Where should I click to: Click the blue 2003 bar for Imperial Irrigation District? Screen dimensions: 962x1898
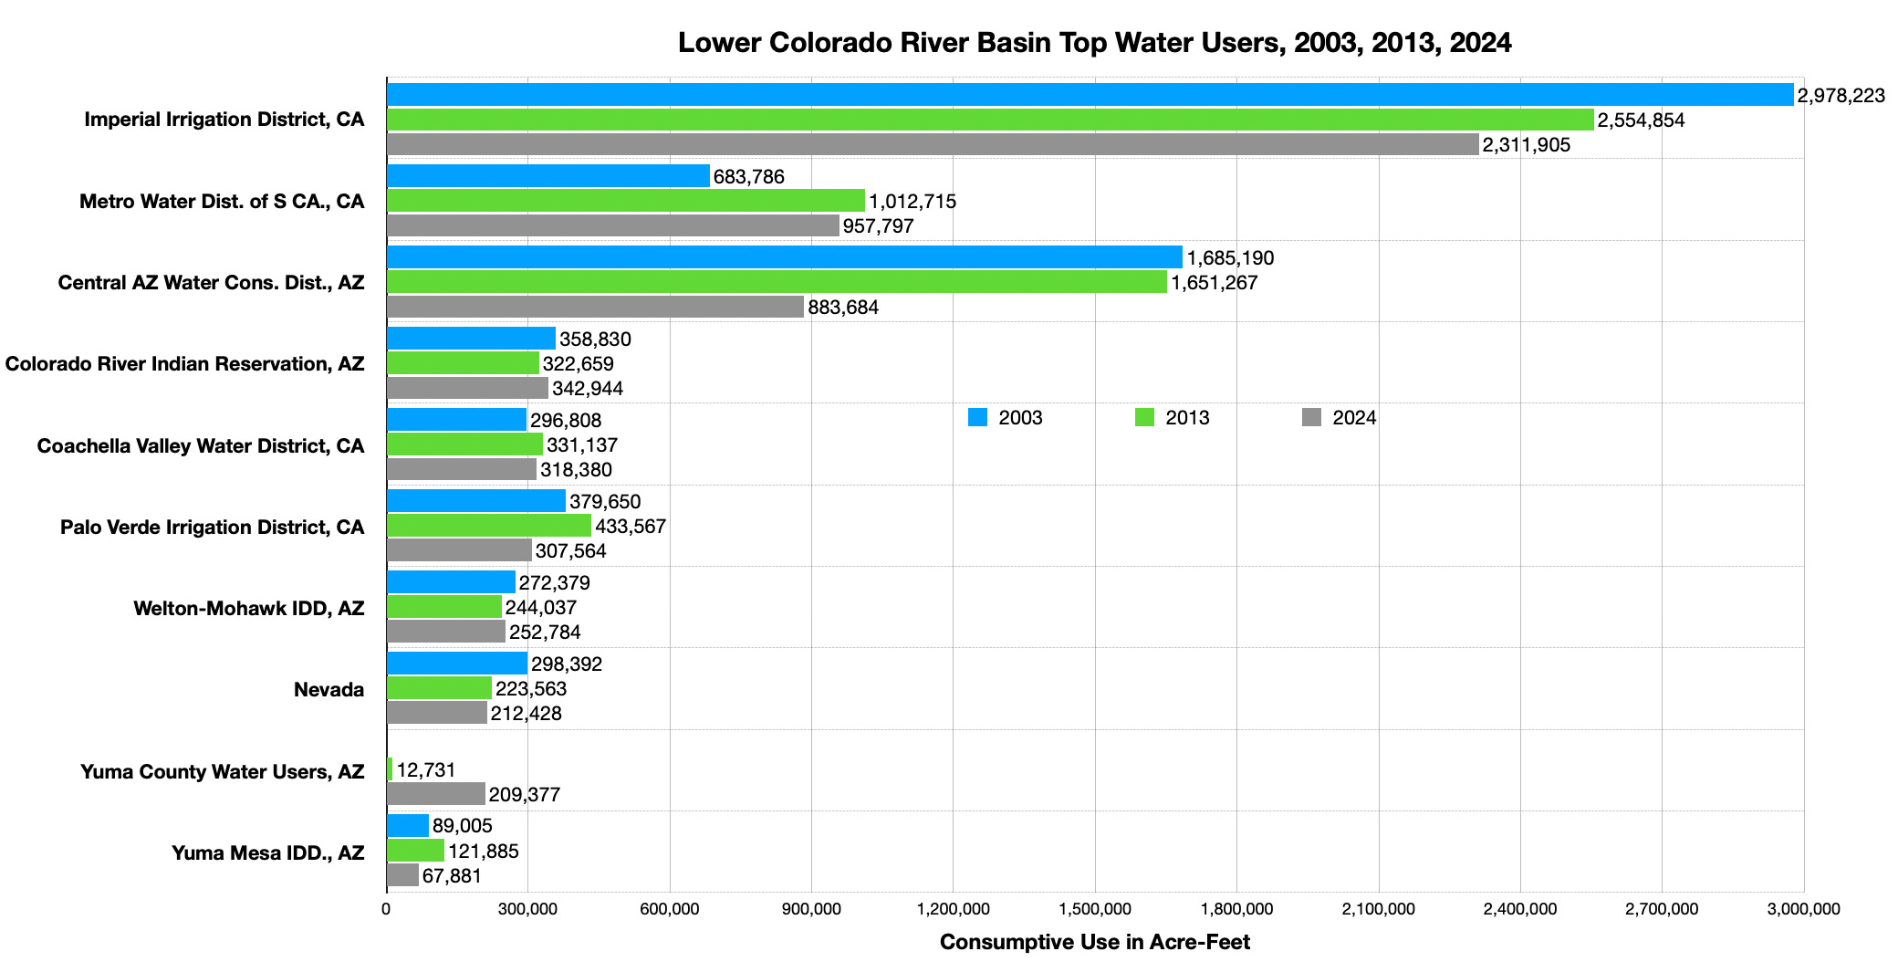[x=1090, y=95]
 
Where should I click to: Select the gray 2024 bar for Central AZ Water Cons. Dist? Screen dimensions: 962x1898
[x=595, y=307]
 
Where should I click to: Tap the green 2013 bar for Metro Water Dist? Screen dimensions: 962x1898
[x=625, y=201]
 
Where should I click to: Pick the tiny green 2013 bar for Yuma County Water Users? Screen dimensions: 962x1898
[x=390, y=769]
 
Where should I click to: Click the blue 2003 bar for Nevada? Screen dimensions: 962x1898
[x=456, y=664]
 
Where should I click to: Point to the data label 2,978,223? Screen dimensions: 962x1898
[x=1841, y=96]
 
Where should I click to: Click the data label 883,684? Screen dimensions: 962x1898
[x=843, y=308]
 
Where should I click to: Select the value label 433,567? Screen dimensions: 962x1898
[x=631, y=527]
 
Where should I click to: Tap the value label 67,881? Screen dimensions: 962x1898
[x=452, y=876]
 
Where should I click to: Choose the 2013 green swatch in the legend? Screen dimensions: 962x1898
[x=1144, y=418]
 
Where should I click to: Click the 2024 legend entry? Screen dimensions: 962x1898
[x=1353, y=418]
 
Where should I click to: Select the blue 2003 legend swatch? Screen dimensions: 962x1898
[x=977, y=418]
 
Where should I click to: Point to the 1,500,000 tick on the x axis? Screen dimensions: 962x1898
[x=1095, y=909]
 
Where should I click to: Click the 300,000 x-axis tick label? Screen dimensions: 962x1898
[x=528, y=909]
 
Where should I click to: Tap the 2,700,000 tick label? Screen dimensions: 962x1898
[x=1662, y=909]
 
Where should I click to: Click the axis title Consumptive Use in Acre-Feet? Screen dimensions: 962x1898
[x=1094, y=942]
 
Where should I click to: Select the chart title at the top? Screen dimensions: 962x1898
[x=1094, y=43]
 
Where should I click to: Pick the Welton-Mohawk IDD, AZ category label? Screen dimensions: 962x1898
[x=248, y=609]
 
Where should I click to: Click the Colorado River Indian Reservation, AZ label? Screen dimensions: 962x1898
[x=184, y=364]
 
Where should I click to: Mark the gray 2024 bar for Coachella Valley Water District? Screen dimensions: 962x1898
[x=461, y=469]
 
